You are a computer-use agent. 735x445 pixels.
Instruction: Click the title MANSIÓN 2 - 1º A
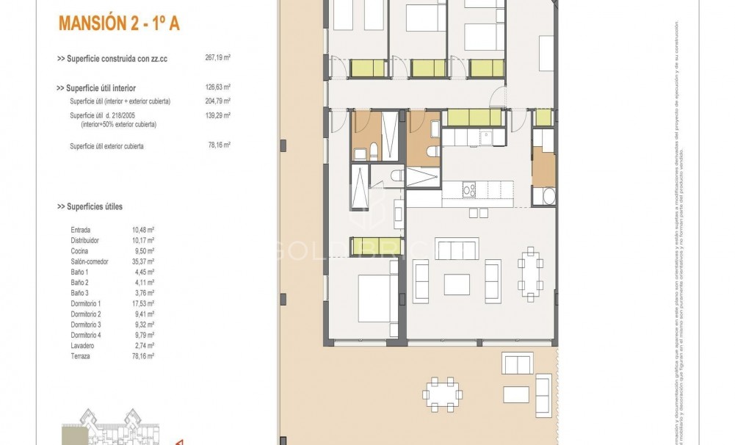tap(117, 23)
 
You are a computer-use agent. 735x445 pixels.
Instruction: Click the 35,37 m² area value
tap(143, 261)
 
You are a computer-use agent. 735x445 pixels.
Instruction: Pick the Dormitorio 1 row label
tap(86, 303)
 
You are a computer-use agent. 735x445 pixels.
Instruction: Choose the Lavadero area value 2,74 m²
tap(143, 345)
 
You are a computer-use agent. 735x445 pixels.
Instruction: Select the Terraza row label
tap(82, 355)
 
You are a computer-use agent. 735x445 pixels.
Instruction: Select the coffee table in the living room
tap(456, 283)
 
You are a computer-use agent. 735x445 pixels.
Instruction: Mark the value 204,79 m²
tap(218, 101)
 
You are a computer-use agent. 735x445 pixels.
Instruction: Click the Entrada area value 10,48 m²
tap(143, 230)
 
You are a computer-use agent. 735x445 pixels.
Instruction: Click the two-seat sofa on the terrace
tap(517, 363)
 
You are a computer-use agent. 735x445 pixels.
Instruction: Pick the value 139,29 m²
tap(218, 116)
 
